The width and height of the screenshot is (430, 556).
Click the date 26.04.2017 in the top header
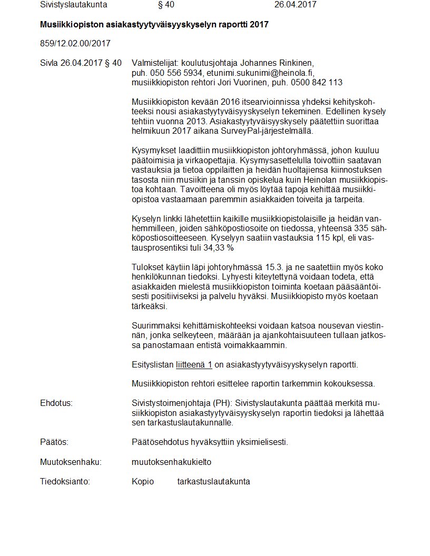pos(295,5)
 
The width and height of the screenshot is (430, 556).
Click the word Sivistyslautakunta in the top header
pos(73,5)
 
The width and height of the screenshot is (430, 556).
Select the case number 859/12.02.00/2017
pos(75,43)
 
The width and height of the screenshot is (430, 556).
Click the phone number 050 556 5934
pos(176,73)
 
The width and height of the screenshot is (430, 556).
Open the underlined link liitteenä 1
pos(194,364)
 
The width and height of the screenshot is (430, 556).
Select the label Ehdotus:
pos(56,403)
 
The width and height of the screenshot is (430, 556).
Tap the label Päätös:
pos(54,442)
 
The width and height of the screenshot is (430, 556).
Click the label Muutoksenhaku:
pos(71,462)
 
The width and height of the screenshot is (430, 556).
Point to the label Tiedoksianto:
pos(65,481)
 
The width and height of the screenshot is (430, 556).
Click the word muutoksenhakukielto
pos(171,462)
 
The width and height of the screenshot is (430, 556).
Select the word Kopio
pos(143,481)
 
